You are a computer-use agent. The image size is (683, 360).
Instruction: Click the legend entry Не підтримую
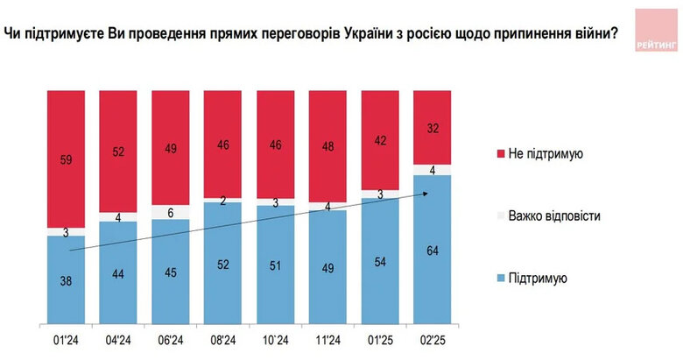[551, 153]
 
